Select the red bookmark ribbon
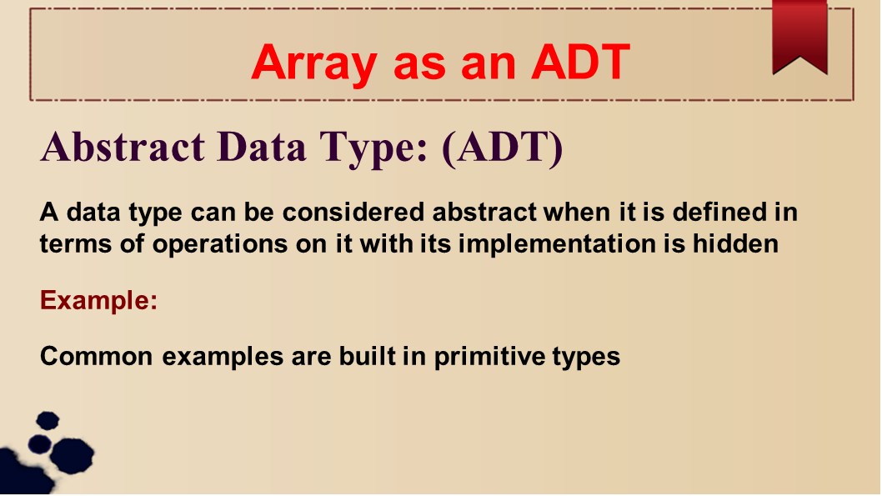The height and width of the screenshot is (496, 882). (799, 38)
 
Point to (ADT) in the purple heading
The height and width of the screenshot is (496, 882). (503, 148)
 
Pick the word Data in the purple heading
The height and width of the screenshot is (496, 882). (262, 147)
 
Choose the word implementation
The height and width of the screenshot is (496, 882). (557, 244)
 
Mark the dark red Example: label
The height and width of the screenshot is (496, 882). (98, 300)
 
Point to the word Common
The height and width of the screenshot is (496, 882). (96, 357)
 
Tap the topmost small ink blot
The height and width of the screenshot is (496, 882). (48, 421)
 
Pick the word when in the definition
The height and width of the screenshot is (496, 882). (577, 212)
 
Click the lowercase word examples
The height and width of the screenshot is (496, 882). (223, 358)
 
